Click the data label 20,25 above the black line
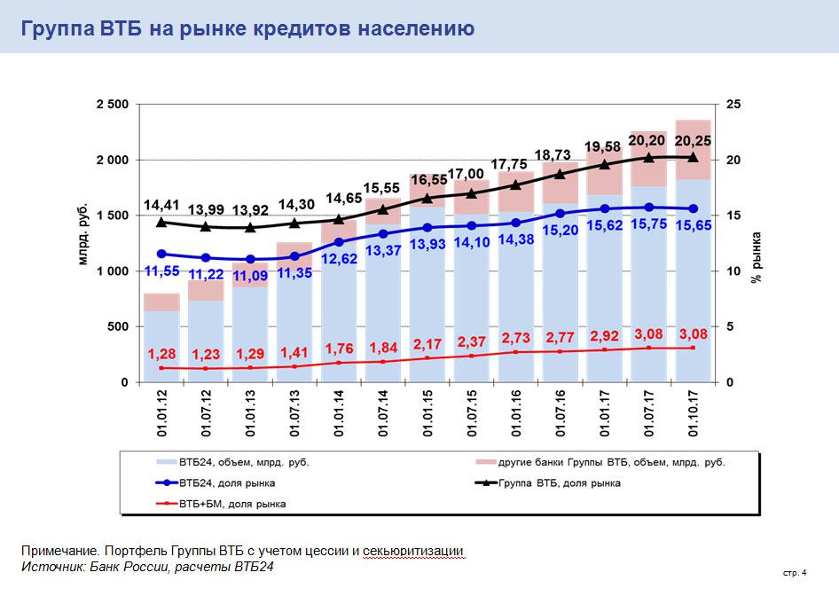point(693,140)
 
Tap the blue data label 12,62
point(338,259)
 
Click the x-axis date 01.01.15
point(427,412)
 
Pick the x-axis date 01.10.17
point(694,412)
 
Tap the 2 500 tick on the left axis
point(112,105)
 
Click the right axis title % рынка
point(757,257)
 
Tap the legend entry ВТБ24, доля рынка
point(227,483)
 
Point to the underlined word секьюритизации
point(413,552)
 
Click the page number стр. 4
point(795,573)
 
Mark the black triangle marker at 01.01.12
point(161,222)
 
